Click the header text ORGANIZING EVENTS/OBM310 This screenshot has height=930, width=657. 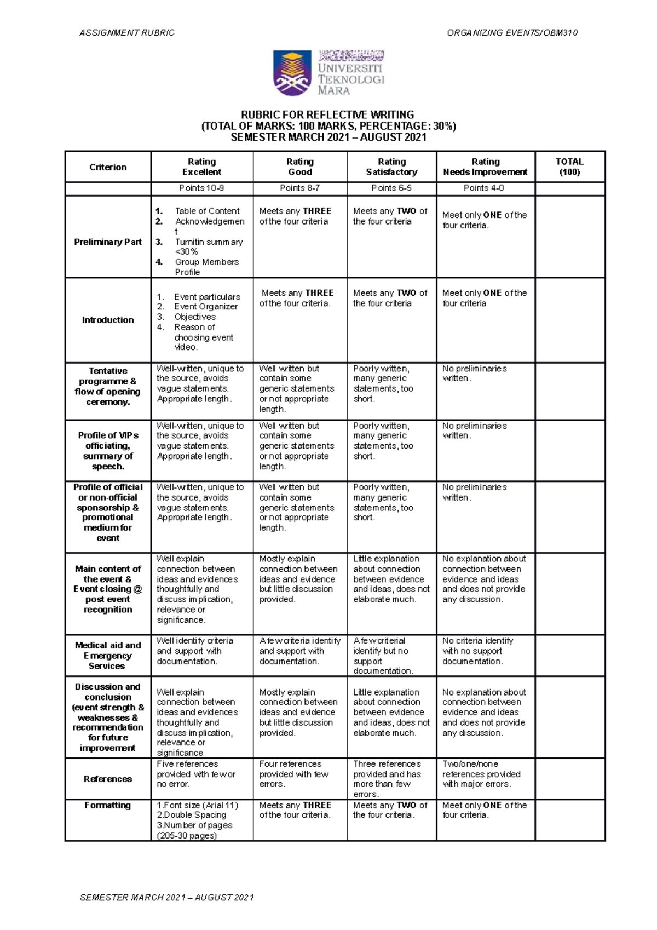(512, 33)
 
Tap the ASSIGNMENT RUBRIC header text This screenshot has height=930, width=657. (127, 33)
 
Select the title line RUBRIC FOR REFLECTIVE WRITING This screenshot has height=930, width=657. (328, 114)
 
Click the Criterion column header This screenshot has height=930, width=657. (108, 167)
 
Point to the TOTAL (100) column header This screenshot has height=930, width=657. (569, 167)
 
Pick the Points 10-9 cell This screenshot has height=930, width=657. (201, 188)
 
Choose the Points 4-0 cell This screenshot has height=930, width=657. (483, 188)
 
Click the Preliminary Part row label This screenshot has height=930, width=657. (108, 242)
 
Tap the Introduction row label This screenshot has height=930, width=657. (108, 320)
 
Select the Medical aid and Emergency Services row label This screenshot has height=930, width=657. (108, 656)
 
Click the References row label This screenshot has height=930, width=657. (108, 779)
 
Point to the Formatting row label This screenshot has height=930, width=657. (108, 805)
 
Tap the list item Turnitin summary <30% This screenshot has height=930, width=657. (208, 246)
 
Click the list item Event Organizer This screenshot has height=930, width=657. (206, 307)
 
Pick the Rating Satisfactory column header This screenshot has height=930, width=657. (391, 167)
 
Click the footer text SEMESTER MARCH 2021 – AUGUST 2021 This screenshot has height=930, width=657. (167, 898)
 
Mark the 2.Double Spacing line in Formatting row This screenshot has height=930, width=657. (192, 815)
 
